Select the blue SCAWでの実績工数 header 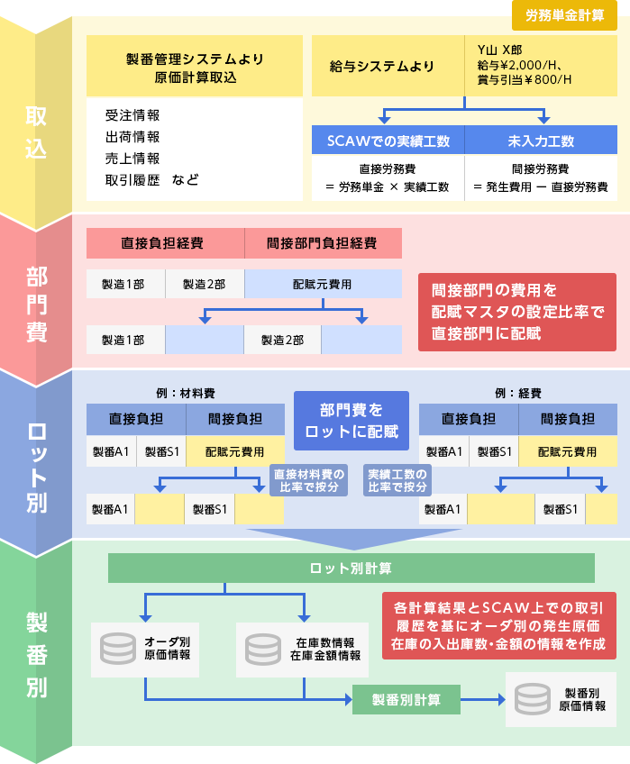pos(388,141)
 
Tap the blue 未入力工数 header pos(541,141)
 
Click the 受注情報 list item pos(132,115)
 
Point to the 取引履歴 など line pos(151,180)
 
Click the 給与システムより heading pos(382,67)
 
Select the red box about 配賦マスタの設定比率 pos(517,312)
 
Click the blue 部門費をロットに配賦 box pos(352,420)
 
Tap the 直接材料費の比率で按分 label pos(308,480)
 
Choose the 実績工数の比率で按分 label pos(397,480)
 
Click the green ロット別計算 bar pos(351,568)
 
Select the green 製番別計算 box pos(406,699)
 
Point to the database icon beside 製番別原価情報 pos(532,699)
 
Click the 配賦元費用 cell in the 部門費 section pos(322,284)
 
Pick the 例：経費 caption pos(517,394)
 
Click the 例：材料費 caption pos(185,394)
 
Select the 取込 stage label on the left pos(36,132)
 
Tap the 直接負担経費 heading pos(162,243)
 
